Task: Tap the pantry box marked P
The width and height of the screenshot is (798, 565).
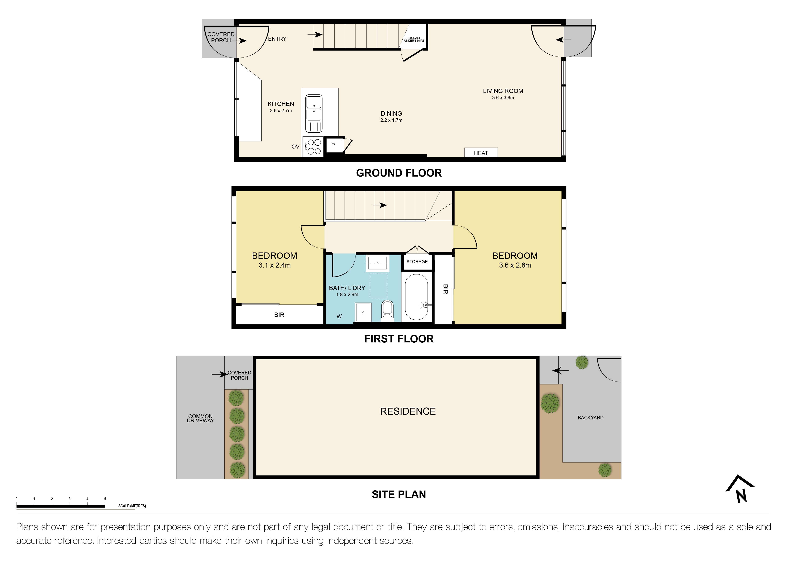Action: pos(333,145)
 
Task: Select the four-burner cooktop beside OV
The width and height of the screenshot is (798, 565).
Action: pos(314,146)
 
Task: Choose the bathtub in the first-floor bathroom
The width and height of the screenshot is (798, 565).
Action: pos(416,297)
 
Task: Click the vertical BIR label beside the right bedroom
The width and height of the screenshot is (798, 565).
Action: pos(445,289)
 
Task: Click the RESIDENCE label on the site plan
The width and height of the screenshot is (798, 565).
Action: pos(408,411)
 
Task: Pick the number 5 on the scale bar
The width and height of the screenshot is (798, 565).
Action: pos(105,499)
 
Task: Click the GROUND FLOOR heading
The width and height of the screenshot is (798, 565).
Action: pos(399,173)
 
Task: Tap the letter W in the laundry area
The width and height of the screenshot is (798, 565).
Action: pos(339,316)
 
